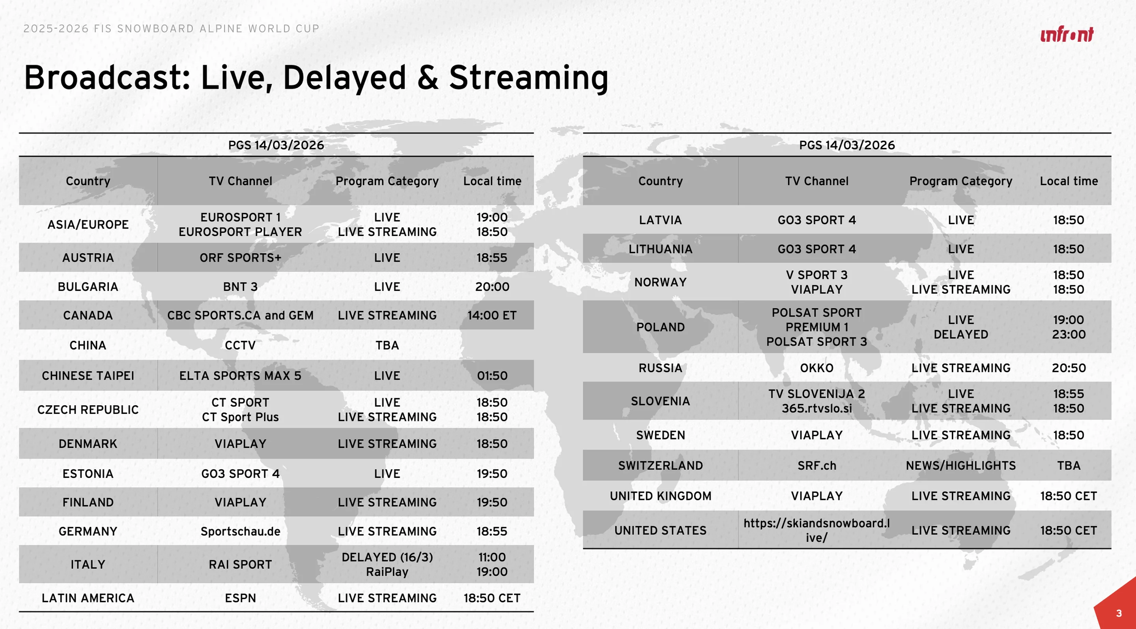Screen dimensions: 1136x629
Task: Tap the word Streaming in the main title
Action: (x=529, y=78)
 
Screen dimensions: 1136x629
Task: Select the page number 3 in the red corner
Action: (x=1119, y=613)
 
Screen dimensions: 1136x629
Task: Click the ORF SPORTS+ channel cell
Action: (x=240, y=258)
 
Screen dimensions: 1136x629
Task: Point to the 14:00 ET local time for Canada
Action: (x=492, y=315)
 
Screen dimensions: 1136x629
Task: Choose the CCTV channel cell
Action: (x=240, y=345)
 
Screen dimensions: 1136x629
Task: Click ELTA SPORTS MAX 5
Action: (x=240, y=376)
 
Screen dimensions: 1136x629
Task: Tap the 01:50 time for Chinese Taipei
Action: (x=492, y=376)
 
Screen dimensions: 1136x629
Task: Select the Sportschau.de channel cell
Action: (x=240, y=532)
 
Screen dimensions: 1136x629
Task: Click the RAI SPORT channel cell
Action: (x=240, y=565)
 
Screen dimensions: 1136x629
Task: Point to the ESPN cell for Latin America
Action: (x=240, y=598)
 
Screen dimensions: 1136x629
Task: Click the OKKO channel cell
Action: (x=817, y=368)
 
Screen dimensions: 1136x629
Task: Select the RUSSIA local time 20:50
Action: (x=1069, y=368)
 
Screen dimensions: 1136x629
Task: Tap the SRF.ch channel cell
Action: (x=817, y=466)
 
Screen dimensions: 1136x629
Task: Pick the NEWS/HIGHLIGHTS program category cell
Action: (x=961, y=466)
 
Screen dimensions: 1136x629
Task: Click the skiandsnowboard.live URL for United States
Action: (x=817, y=530)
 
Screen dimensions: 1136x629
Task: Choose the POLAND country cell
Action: (x=661, y=327)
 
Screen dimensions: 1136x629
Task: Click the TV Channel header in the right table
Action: (x=817, y=181)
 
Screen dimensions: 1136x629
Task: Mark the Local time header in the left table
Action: (x=492, y=181)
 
